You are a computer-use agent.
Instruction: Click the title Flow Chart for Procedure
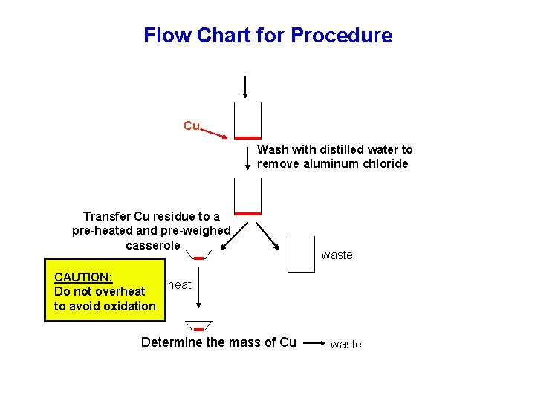(267, 35)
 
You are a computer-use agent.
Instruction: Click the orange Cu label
(192, 125)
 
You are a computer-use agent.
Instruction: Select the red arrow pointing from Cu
(215, 132)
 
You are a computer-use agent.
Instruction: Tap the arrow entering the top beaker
(245, 86)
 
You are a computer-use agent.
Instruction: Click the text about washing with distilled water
(334, 157)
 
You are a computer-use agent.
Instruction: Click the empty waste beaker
(301, 254)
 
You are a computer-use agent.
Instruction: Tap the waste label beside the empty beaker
(337, 255)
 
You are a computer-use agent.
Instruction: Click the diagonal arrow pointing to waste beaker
(267, 235)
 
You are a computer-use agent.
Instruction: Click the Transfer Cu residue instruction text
(152, 230)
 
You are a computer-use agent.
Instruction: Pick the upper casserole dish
(198, 255)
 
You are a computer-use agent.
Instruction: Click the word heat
(179, 284)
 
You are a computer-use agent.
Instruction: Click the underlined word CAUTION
(83, 277)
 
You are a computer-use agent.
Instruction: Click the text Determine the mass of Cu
(218, 342)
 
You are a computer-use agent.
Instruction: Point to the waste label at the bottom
(346, 344)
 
